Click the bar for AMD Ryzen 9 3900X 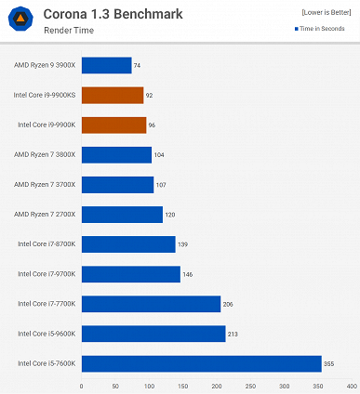point(106,65)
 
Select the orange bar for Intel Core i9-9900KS point(113,95)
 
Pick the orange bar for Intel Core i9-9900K point(113,125)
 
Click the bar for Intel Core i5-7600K point(201,363)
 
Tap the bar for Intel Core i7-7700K point(151,304)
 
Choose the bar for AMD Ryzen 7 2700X point(122,215)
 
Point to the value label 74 point(138,65)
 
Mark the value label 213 point(234,334)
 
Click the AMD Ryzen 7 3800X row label point(45,154)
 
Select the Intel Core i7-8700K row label point(47,244)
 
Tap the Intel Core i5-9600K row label point(47,334)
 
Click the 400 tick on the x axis point(352,385)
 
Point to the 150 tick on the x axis point(183,385)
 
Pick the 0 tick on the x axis point(82,385)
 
